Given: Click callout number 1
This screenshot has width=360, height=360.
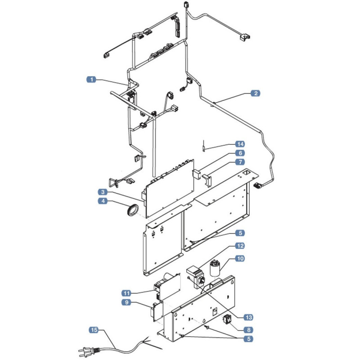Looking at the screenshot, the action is tap(91, 80).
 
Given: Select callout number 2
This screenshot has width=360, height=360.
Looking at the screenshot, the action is tap(256, 94).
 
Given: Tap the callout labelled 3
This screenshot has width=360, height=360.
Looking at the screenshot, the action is tap(103, 192).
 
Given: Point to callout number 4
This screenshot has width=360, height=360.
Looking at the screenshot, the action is tap(103, 201).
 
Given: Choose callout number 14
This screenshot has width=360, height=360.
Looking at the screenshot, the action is tap(240, 144).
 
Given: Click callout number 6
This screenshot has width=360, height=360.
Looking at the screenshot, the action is tap(240, 153).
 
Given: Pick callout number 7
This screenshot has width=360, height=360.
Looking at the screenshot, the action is tap(240, 162).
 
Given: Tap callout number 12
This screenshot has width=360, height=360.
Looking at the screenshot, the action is tap(240, 246).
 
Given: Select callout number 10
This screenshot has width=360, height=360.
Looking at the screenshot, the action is tap(240, 258).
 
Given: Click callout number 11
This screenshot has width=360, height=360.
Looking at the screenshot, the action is tap(126, 293).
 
